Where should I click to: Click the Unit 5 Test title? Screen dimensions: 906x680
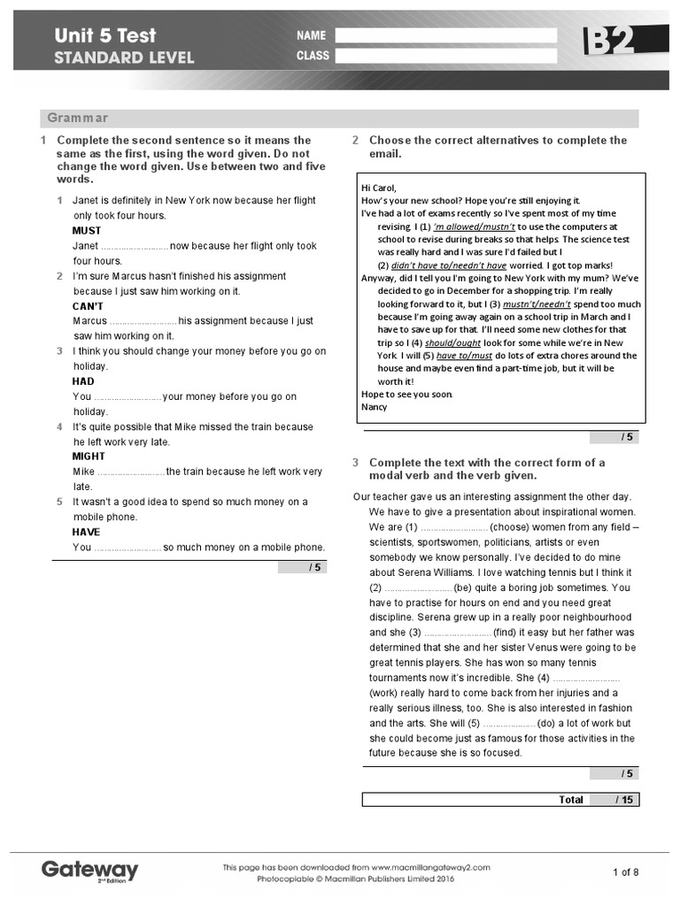pyautogui.click(x=105, y=35)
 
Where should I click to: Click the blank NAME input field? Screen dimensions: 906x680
pyautogui.click(x=446, y=35)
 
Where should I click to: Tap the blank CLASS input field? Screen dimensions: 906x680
pyautogui.click(x=446, y=56)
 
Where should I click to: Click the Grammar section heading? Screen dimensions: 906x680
pyautogui.click(x=78, y=118)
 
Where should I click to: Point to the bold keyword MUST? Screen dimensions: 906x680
pyautogui.click(x=87, y=231)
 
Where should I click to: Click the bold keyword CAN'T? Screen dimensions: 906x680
pyautogui.click(x=88, y=306)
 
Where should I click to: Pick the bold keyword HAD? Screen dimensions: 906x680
pyautogui.click(x=83, y=381)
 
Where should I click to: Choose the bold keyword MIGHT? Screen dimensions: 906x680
pyautogui.click(x=89, y=457)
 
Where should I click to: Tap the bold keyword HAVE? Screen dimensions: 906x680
pyautogui.click(x=86, y=532)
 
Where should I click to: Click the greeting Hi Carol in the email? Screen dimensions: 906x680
pyautogui.click(x=379, y=188)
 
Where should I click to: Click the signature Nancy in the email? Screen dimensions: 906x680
pyautogui.click(x=375, y=407)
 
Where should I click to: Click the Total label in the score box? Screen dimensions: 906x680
pyautogui.click(x=571, y=799)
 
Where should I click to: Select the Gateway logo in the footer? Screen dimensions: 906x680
pyautogui.click(x=90, y=870)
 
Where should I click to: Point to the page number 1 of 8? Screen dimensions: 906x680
pyautogui.click(x=625, y=872)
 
